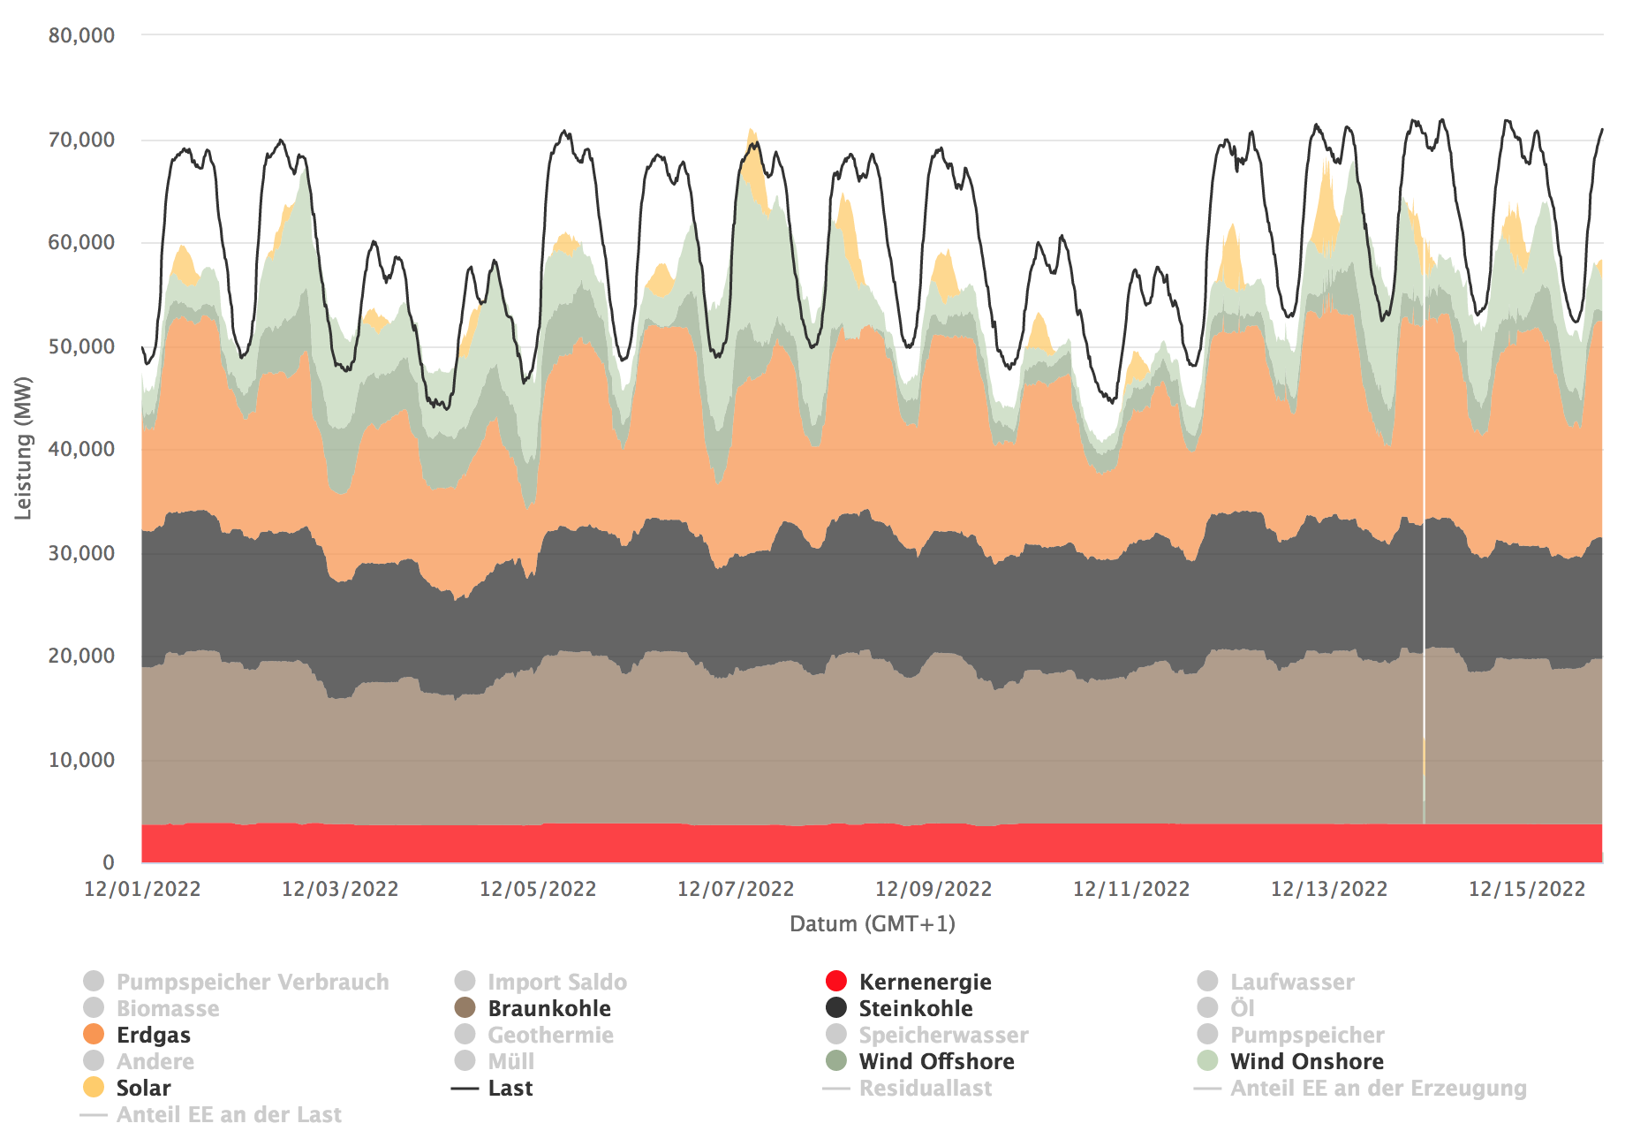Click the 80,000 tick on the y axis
pyautogui.click(x=81, y=35)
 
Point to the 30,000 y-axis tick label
pyautogui.click(x=81, y=553)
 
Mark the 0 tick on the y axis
pyautogui.click(x=108, y=862)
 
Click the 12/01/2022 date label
pyautogui.click(x=142, y=889)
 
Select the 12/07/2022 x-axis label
pyautogui.click(x=736, y=889)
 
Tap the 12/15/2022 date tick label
pyautogui.click(x=1527, y=889)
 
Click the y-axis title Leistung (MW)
pyautogui.click(x=23, y=448)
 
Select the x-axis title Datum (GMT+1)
pyautogui.click(x=873, y=924)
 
